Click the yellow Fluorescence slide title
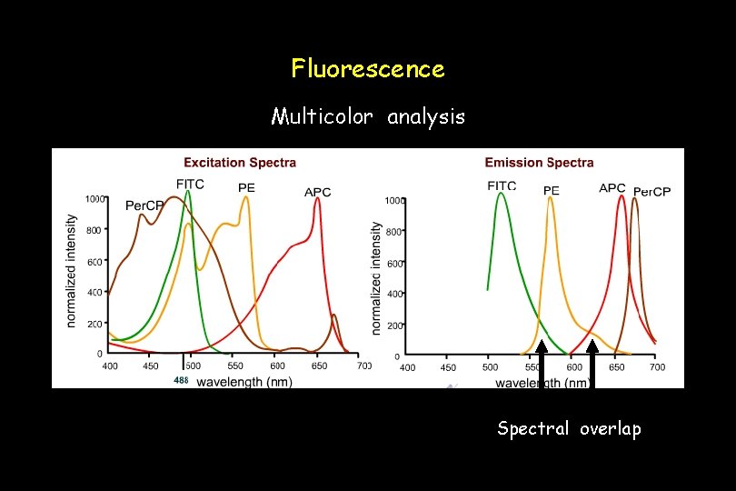[x=368, y=68]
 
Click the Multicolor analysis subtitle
[x=368, y=116]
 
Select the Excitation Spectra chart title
[x=240, y=163]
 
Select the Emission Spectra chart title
[x=539, y=163]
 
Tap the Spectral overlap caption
[x=569, y=428]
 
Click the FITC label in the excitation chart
[x=190, y=184]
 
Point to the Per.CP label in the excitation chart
[x=144, y=205]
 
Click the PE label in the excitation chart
[x=246, y=187]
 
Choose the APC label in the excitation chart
[x=317, y=192]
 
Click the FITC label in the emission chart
[x=502, y=185]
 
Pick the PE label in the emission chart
[x=552, y=191]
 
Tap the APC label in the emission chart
[x=612, y=188]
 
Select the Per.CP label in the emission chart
[x=651, y=192]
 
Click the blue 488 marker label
[x=181, y=380]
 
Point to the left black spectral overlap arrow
[x=542, y=364]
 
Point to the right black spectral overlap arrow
[x=592, y=364]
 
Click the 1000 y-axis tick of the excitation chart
[x=94, y=198]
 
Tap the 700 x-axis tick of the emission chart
[x=657, y=367]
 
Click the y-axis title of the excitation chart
[x=72, y=271]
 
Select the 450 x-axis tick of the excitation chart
[x=151, y=366]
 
